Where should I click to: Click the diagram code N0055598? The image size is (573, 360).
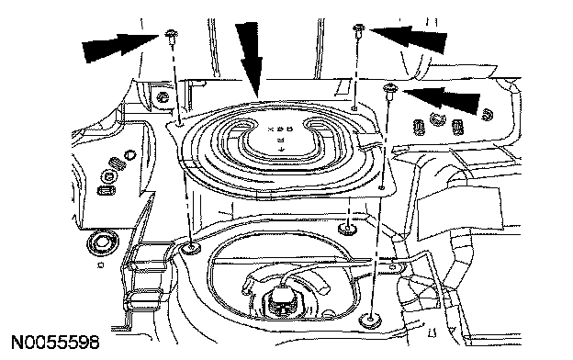tap(55, 343)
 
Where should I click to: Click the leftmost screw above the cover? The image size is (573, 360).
tap(171, 37)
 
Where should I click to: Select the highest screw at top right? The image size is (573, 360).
tap(358, 30)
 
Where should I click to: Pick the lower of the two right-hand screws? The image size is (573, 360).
tap(388, 91)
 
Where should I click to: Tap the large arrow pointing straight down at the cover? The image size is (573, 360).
tap(250, 60)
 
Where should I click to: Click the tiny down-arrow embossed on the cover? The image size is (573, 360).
tap(281, 149)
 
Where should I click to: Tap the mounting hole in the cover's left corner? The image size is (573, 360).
tap(179, 125)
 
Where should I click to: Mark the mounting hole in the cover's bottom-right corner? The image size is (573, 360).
tap(381, 187)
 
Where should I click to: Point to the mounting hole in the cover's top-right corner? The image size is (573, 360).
tap(354, 108)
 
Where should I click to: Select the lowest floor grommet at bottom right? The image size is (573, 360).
tap(370, 321)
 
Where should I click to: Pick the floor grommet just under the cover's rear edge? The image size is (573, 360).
tap(346, 230)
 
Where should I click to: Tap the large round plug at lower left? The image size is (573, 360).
tap(103, 242)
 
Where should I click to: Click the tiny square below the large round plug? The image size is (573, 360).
tap(100, 264)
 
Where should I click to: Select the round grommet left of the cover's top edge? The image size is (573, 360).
tap(163, 97)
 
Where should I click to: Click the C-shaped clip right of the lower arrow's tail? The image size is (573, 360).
tap(487, 115)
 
